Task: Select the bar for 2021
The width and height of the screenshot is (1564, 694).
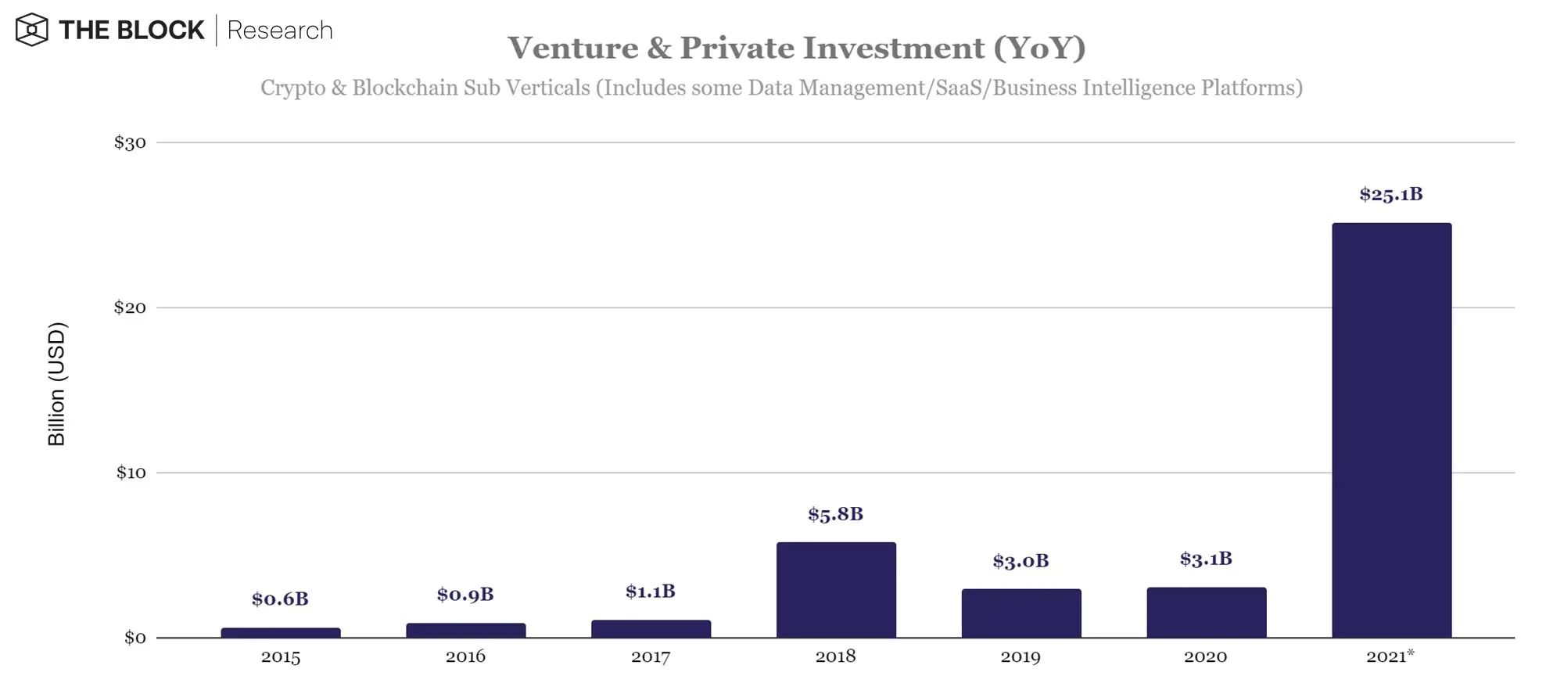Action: pyautogui.click(x=1391, y=430)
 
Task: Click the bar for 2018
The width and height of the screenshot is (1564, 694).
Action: pyautogui.click(x=836, y=590)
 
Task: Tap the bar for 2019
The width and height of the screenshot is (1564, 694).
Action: pyautogui.click(x=1021, y=613)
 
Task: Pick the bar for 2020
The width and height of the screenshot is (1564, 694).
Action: pyautogui.click(x=1206, y=613)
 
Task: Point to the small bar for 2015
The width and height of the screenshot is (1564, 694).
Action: pyautogui.click(x=281, y=633)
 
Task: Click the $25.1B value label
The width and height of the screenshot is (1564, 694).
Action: pyautogui.click(x=1390, y=194)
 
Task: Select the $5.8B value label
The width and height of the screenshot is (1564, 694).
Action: pyautogui.click(x=835, y=514)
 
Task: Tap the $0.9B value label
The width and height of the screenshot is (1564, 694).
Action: pyautogui.click(x=465, y=595)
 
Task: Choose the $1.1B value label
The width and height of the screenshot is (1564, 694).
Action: pyautogui.click(x=650, y=592)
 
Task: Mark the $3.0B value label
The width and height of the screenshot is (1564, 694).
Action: pyautogui.click(x=1021, y=561)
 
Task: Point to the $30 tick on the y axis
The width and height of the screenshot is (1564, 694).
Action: pyautogui.click(x=130, y=142)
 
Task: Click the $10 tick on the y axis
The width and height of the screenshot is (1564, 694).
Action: pyautogui.click(x=131, y=473)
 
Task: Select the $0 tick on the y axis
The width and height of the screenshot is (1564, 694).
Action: pyautogui.click(x=135, y=638)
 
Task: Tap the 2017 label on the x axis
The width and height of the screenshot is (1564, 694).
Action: pyautogui.click(x=651, y=657)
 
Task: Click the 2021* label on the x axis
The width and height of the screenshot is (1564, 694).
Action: pyautogui.click(x=1390, y=657)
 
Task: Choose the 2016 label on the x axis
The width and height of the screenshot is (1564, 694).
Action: pyautogui.click(x=465, y=657)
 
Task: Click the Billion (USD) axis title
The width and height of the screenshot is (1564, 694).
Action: pyautogui.click(x=57, y=383)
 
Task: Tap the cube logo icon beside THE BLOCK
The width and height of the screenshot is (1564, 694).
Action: pyautogui.click(x=32, y=30)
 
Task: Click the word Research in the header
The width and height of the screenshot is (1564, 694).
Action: pyautogui.click(x=280, y=31)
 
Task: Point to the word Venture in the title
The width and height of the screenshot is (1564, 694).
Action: pyautogui.click(x=572, y=49)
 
